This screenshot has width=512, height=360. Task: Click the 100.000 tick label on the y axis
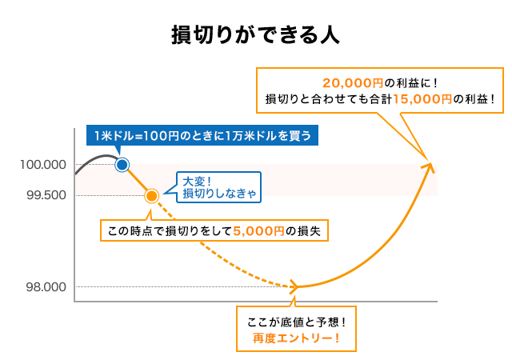44,165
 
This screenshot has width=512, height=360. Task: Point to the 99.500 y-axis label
46,195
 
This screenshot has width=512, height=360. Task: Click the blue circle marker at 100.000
122,165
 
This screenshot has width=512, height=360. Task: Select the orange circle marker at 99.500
151,195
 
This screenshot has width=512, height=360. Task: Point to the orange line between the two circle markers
137,180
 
